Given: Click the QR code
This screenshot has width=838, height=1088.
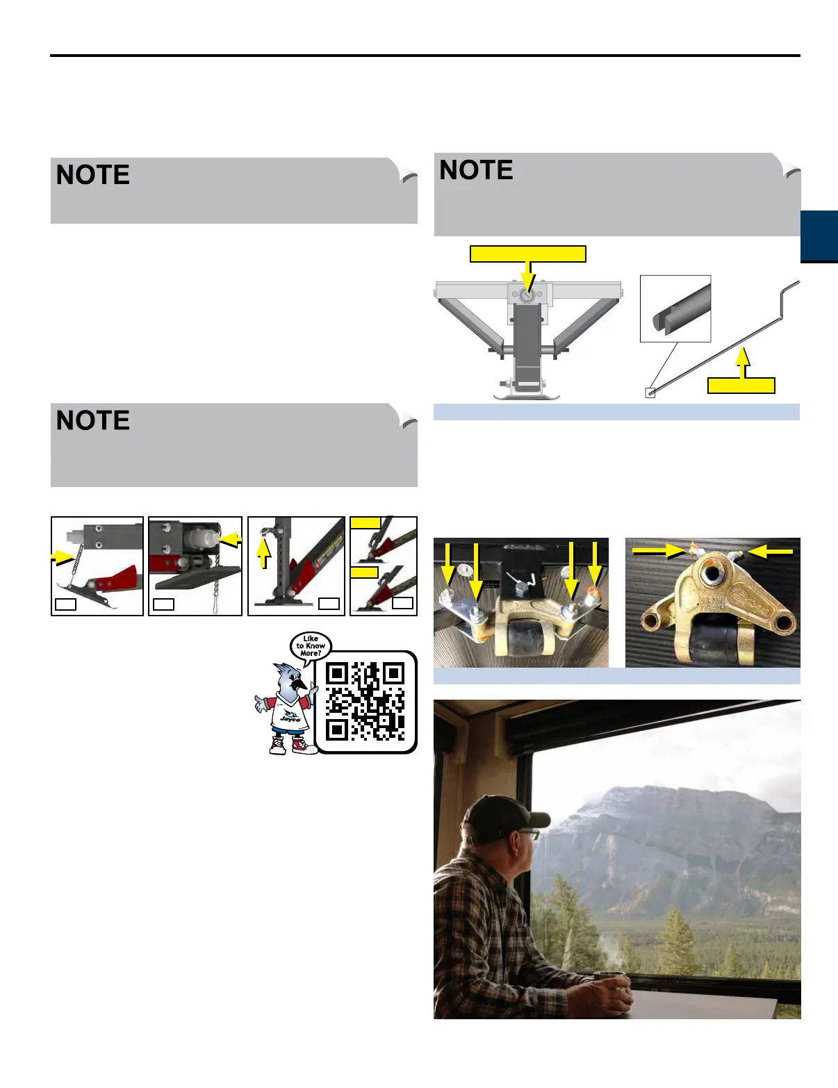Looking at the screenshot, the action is (365, 701).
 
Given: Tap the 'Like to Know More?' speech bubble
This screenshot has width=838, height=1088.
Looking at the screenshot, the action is (311, 645).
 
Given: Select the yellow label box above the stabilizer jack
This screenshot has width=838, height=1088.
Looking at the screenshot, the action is (527, 254).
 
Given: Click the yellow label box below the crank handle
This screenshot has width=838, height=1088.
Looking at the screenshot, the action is (741, 386).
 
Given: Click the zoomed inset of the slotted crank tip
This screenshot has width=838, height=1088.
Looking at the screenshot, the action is (675, 308).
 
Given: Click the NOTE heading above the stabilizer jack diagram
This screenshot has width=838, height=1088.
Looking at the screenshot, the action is (476, 170).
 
